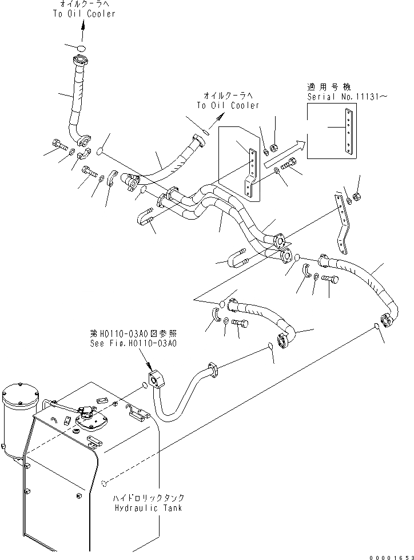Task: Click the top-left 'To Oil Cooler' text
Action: coord(83,14)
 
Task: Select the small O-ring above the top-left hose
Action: coord(81,47)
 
